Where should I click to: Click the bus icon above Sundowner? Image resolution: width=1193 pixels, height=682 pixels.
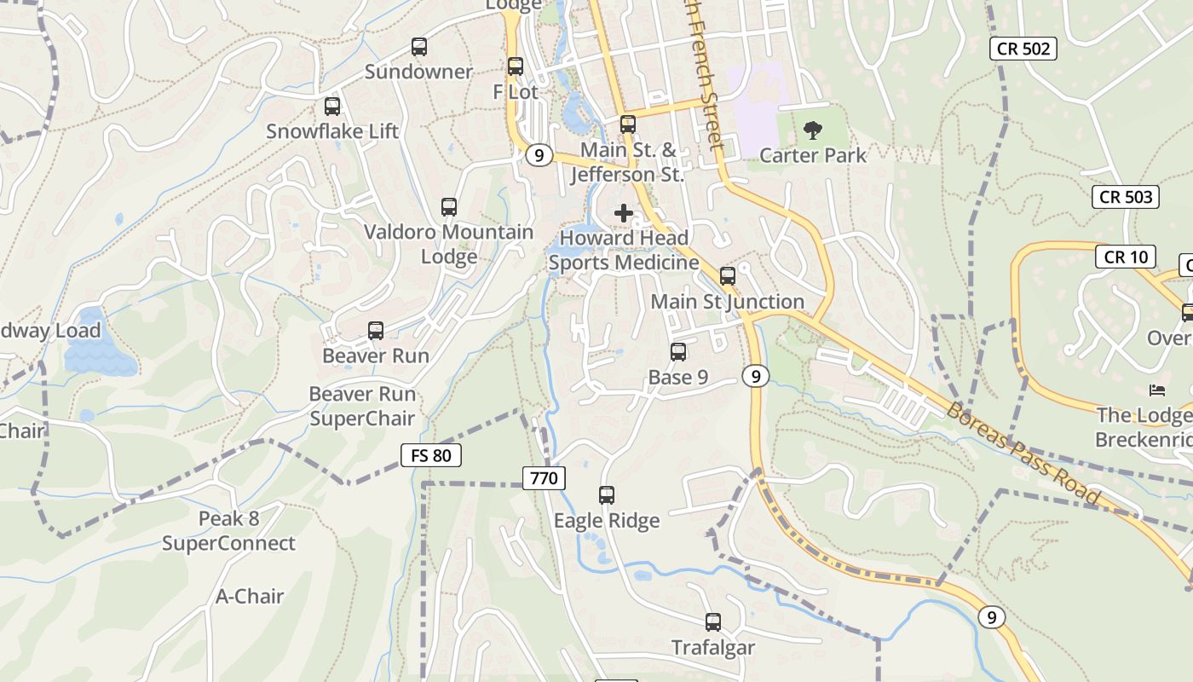coord(418,47)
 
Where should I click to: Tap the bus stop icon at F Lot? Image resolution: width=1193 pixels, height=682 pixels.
coord(516,66)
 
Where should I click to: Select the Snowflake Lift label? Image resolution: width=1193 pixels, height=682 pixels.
coord(332,131)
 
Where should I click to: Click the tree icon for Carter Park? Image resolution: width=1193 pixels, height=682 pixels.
coord(813,130)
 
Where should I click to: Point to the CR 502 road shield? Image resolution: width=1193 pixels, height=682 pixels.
coord(1023,49)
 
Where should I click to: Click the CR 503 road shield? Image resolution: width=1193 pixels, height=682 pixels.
coord(1126,197)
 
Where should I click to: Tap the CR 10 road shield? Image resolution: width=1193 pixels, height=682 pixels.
coord(1126,257)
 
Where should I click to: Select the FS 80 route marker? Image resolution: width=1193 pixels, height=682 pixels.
coord(430,455)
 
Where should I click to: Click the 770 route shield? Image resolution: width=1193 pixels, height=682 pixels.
coord(544,478)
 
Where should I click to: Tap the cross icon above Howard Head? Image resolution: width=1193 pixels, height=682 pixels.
coord(624,213)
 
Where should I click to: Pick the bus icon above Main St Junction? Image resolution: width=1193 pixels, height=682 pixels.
coord(728,276)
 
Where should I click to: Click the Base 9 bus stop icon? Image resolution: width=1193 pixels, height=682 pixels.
coord(678,351)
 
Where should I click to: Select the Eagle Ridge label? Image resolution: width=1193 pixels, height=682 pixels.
coord(607,520)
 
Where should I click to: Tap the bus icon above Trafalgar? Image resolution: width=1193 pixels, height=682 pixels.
coord(713,622)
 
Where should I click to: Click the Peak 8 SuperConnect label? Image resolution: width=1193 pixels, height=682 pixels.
coord(228,531)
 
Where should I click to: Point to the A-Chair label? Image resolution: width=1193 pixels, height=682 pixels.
coord(250,596)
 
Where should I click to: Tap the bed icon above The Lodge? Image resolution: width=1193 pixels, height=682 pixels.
coord(1157,390)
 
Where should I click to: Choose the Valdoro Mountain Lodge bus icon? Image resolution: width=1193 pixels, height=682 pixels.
coord(449,207)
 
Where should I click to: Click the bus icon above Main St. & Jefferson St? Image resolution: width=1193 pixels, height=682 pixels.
coord(628,124)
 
